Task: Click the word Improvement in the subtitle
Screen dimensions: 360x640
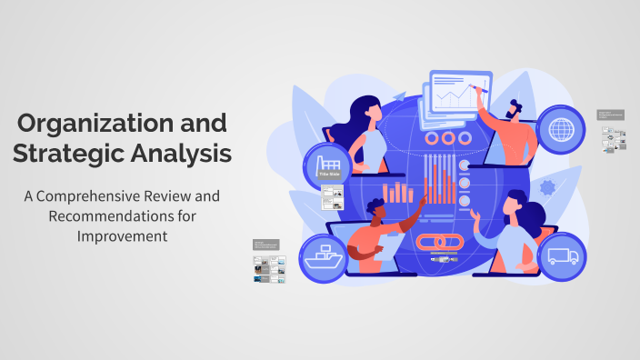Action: point(122,236)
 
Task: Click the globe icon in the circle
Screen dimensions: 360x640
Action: point(561,129)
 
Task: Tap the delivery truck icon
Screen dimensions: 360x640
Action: point(561,257)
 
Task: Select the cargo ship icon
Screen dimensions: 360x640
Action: point(325,257)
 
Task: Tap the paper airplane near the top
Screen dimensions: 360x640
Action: point(400,95)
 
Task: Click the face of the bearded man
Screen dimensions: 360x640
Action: point(516,110)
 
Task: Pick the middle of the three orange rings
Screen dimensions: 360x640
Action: point(445,138)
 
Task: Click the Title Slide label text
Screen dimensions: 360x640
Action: point(327,174)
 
